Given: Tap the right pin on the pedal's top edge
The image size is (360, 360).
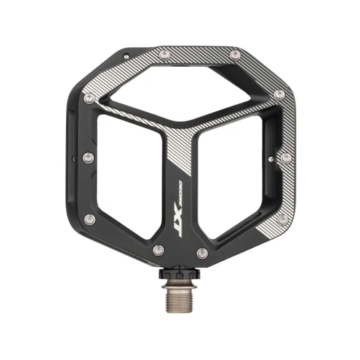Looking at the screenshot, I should (x=235, y=55).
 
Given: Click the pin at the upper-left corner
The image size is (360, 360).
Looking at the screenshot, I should (x=88, y=97).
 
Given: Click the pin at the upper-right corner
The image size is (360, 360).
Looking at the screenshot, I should (x=279, y=94).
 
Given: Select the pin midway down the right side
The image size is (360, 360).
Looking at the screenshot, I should (x=284, y=157).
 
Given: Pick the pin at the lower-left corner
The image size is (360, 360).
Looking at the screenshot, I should (x=90, y=219).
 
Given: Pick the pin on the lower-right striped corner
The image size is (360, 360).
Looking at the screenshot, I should (x=282, y=219).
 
